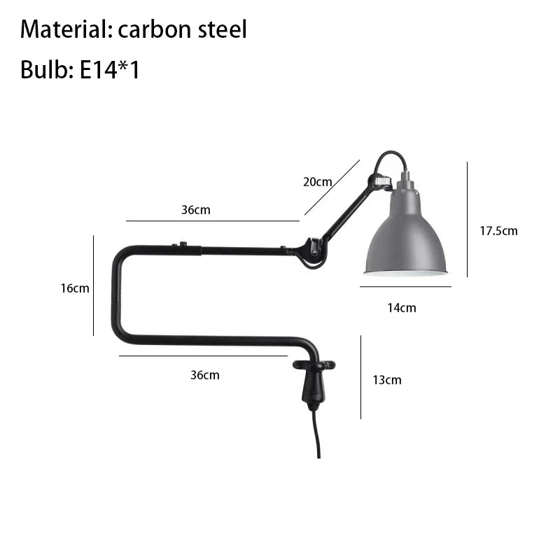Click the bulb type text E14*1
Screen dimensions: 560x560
pos(109,69)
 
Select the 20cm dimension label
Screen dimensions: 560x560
pos(318,182)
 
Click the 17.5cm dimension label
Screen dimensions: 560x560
pos(498,231)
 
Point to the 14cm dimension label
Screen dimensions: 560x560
pos(402,307)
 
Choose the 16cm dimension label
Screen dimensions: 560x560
pos(75,288)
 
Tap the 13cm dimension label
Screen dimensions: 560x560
pos(387,379)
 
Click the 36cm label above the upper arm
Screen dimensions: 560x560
pos(196,209)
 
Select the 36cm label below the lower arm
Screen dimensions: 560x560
pos(205,375)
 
